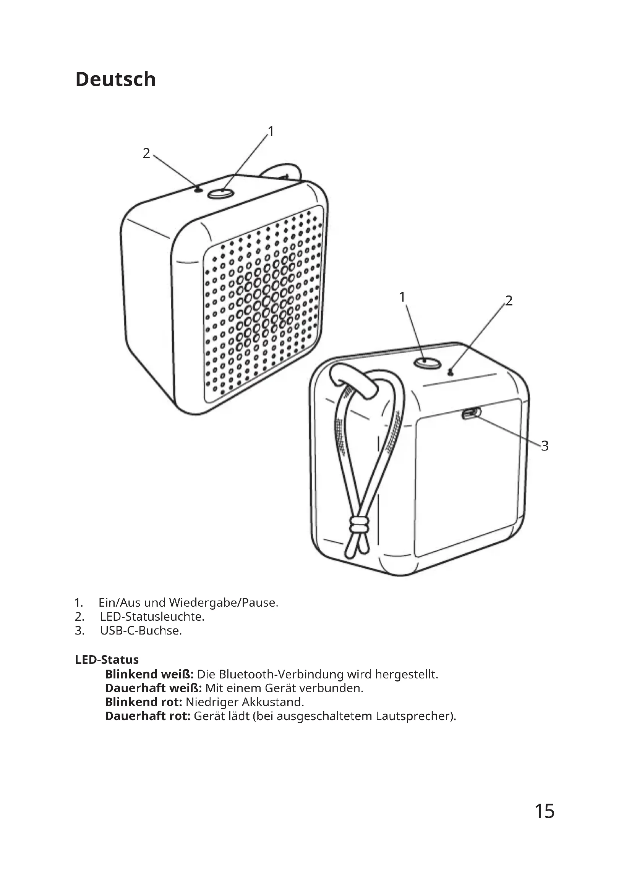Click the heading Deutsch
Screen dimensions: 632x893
[115, 79]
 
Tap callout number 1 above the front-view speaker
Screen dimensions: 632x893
[271, 132]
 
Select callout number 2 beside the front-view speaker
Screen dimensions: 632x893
[146, 153]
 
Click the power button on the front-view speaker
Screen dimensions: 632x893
[220, 193]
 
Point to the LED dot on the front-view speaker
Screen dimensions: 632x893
[199, 189]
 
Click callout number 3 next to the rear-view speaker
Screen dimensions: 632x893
[544, 446]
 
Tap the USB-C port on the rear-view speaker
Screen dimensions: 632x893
[471, 413]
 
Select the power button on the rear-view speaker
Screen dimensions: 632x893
[427, 363]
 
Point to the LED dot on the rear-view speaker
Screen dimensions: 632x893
[451, 373]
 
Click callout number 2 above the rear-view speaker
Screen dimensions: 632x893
[509, 300]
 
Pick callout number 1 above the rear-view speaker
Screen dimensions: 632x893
[402, 297]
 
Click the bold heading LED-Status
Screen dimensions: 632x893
[107, 660]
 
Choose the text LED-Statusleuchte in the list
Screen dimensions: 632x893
[152, 617]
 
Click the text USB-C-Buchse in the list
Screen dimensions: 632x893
[141, 630]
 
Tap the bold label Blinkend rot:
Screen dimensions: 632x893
[144, 702]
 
